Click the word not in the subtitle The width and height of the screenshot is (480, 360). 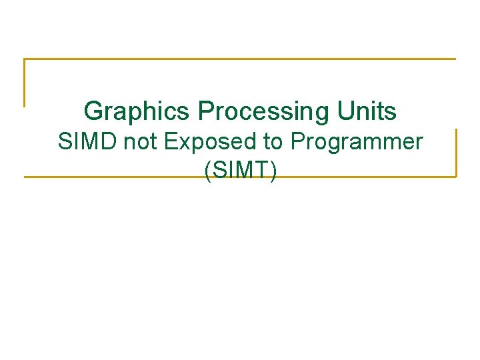pyautogui.click(x=137, y=142)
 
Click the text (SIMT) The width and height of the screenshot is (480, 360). pyautogui.click(x=241, y=171)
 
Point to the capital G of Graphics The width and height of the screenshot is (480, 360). pyautogui.click(x=94, y=111)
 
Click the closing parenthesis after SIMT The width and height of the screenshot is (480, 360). pyautogui.click(x=273, y=171)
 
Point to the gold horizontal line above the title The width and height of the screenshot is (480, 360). pyautogui.click(x=240, y=59)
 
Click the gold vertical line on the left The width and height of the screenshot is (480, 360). pyautogui.click(x=25, y=83)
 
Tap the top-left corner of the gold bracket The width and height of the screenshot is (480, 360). pyautogui.click(x=25, y=60)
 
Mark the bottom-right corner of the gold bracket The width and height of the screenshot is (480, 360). pyautogui.click(x=456, y=176)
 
